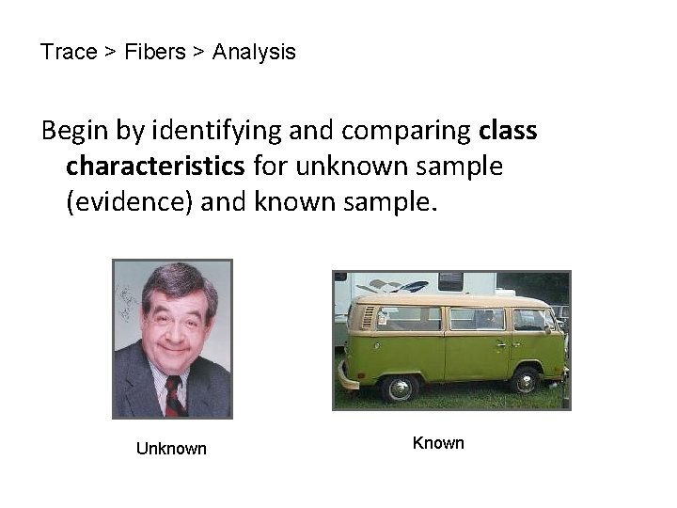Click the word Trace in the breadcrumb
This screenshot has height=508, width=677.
click(x=69, y=53)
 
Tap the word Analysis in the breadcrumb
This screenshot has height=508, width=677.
click(x=254, y=53)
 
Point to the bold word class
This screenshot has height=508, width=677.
click(x=508, y=131)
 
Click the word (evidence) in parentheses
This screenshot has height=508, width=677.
click(x=130, y=202)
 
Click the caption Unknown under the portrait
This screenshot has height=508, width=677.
click(x=171, y=449)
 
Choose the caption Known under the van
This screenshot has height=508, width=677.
click(x=438, y=443)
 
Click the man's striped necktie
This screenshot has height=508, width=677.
click(x=175, y=395)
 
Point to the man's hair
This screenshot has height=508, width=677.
click(x=172, y=281)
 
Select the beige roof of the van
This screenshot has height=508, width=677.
click(x=451, y=301)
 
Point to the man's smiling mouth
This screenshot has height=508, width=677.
click(x=175, y=353)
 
